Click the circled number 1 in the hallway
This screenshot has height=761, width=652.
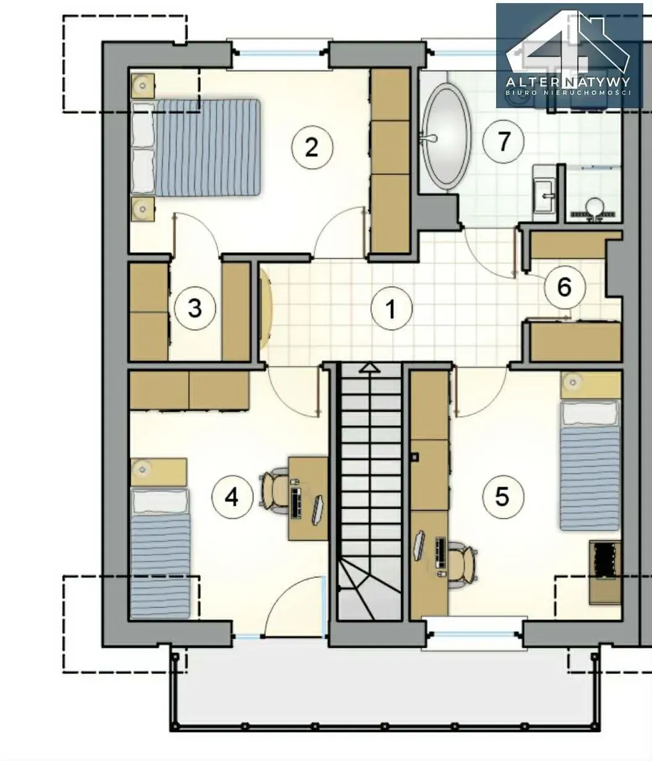coord(391,308)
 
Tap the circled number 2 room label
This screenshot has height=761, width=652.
coord(312,147)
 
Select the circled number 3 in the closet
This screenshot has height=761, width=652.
coord(195,308)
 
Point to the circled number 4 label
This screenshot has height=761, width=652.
coord(232,498)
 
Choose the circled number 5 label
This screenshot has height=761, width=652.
coord(503,496)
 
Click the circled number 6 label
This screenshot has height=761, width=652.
coord(564,287)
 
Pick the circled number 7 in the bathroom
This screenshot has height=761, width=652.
coord(503,142)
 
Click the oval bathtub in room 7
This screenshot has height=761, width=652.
coord(447,136)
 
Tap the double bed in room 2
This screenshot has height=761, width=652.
coord(196,147)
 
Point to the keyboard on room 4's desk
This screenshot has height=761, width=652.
coord(296,503)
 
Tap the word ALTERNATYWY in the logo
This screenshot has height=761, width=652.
coord(568,82)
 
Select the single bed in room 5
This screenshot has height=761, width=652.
coord(590,466)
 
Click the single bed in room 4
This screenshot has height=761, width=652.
coord(161,554)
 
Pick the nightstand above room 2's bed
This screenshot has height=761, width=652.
coord(143,85)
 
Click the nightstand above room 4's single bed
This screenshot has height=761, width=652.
coord(159,472)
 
